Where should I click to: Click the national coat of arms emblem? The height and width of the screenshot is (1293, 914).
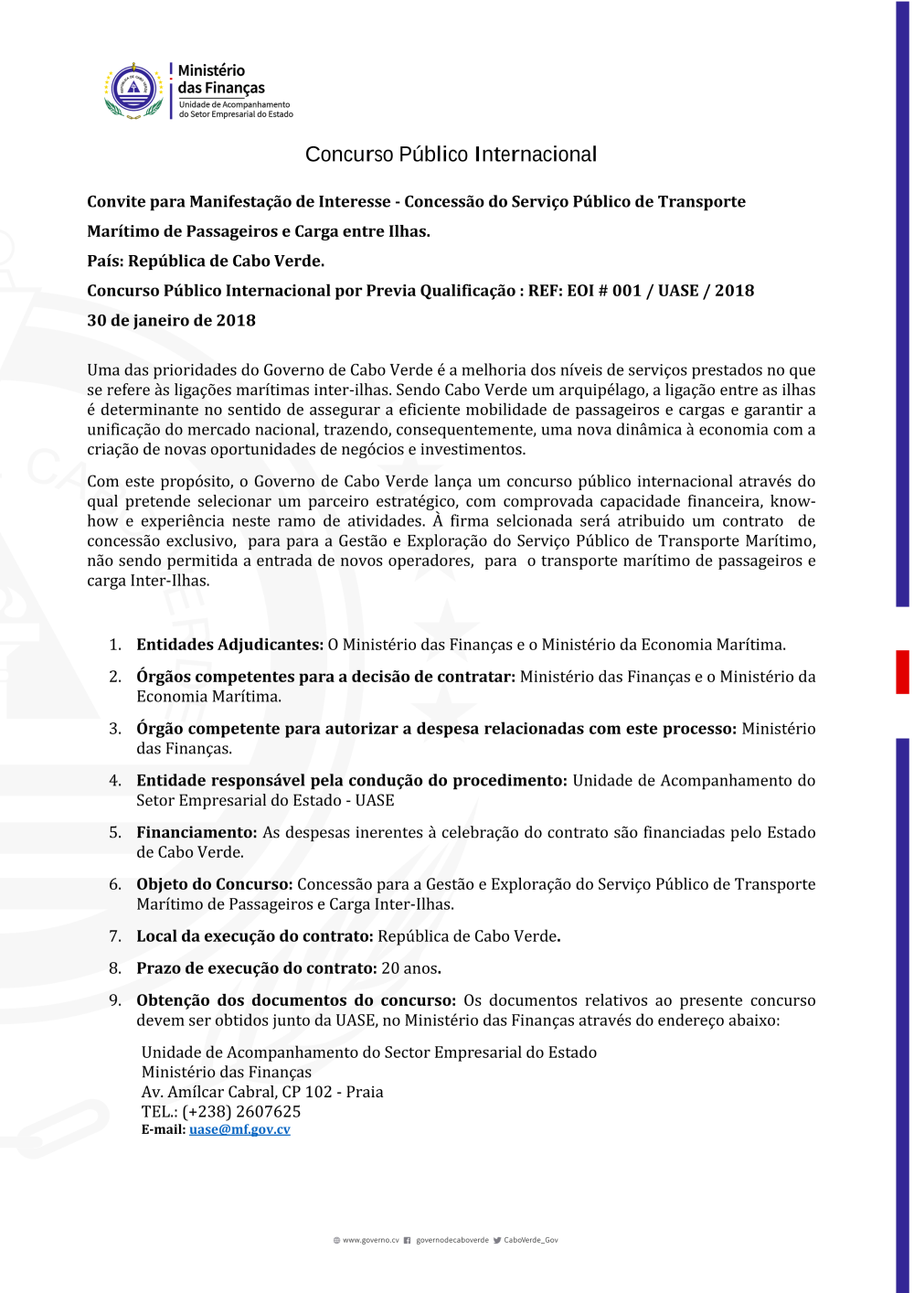pos(134,90)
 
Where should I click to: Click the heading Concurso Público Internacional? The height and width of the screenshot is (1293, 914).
pos(451,155)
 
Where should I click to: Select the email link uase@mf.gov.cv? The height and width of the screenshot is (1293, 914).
pos(239,1129)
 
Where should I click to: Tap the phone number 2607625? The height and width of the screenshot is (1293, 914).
pos(268,1111)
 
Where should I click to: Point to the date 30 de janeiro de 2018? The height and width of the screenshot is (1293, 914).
pos(171,320)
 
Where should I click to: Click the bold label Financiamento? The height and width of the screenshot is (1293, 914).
pos(197,832)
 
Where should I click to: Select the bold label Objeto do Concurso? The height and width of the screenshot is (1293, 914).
pos(214,884)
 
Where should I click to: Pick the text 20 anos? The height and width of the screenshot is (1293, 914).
pos(409,968)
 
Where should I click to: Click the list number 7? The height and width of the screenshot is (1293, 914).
pos(115,936)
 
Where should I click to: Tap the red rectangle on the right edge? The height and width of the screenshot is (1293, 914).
pos(902,672)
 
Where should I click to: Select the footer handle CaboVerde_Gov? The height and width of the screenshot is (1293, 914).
pos(530,1241)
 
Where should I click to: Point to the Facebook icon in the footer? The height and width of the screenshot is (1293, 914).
pos(408,1241)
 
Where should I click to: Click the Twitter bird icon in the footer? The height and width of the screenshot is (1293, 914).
pos(497,1241)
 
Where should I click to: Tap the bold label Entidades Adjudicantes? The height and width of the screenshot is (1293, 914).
pos(229,645)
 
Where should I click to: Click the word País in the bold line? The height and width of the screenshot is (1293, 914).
pos(105,261)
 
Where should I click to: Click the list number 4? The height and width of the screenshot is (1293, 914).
pos(115,781)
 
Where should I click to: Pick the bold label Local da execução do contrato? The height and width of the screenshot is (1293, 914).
pos(254,936)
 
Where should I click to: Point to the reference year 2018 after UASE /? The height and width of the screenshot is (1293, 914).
pos(734,291)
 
